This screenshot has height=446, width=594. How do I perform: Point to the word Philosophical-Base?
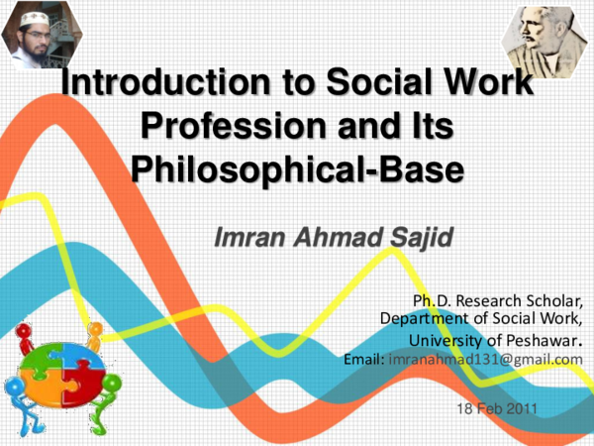click(298, 166)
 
